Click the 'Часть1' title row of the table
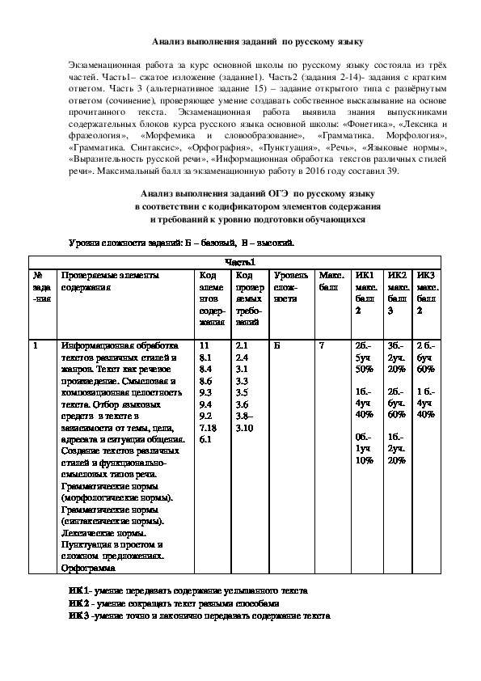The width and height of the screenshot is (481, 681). (x=239, y=261)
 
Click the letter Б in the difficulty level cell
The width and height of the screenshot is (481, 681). (x=277, y=345)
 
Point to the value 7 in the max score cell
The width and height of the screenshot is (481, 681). (x=322, y=345)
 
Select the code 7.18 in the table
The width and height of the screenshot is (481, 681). (x=207, y=426)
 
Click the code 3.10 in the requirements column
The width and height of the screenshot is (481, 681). (x=244, y=426)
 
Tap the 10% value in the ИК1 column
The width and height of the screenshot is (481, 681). (x=363, y=460)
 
